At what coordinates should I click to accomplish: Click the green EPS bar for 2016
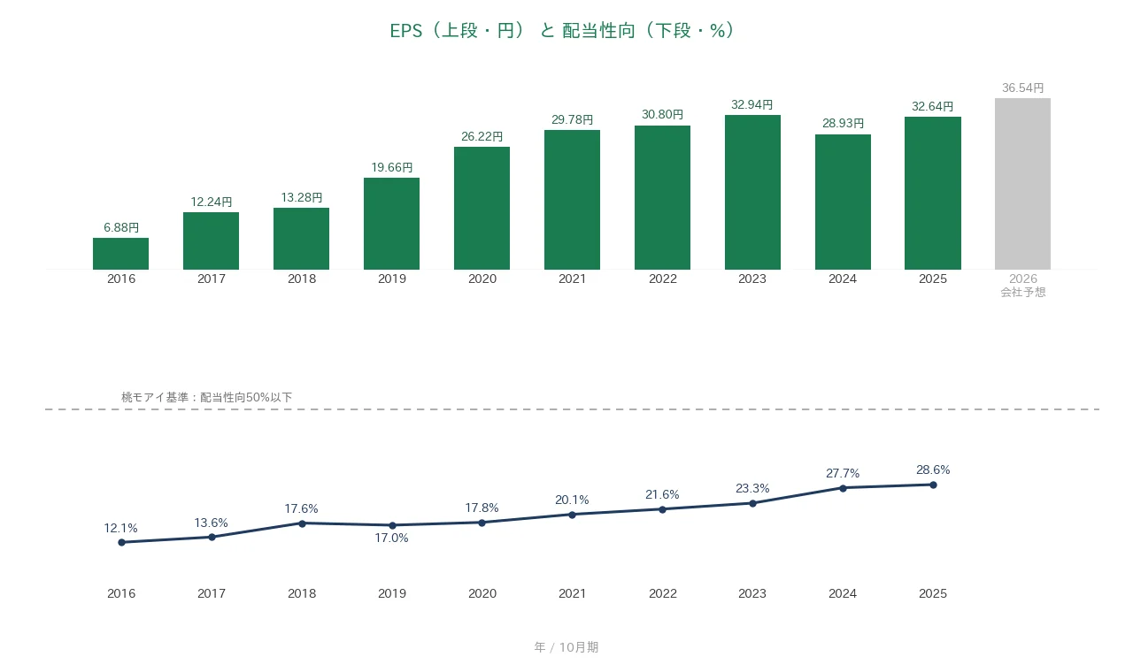[121, 254]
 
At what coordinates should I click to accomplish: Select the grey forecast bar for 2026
[1022, 184]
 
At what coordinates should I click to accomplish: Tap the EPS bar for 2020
[482, 208]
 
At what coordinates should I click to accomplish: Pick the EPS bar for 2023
[752, 193]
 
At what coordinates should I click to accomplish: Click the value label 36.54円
[1022, 88]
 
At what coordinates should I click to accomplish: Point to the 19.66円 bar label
[392, 167]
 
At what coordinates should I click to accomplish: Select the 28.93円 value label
[844, 123]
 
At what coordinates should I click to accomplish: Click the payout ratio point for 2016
[121, 543]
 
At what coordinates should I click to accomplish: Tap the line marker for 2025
[933, 485]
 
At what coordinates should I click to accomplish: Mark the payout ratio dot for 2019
[392, 525]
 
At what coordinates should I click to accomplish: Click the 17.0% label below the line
[391, 538]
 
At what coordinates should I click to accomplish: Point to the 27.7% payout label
[843, 473]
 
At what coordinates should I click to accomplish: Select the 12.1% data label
[121, 528]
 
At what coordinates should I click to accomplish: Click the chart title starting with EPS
[562, 31]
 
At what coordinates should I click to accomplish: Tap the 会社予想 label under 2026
[1023, 292]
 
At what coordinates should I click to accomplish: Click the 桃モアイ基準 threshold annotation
[206, 397]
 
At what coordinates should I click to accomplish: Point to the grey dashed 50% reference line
[573, 409]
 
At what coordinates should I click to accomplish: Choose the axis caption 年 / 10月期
[566, 647]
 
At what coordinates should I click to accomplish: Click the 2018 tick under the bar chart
[302, 279]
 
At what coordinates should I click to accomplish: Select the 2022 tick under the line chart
[663, 593]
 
